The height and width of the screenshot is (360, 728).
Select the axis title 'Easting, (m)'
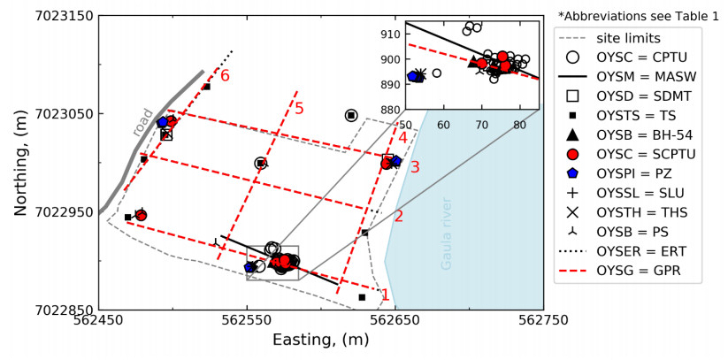(320, 341)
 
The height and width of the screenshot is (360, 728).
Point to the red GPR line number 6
(225, 76)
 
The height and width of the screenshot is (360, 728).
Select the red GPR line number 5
(299, 109)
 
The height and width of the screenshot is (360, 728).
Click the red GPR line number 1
(384, 295)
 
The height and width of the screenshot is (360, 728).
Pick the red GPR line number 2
(398, 216)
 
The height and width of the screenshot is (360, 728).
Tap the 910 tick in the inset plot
(390, 34)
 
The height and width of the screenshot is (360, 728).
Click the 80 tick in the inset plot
(517, 126)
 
